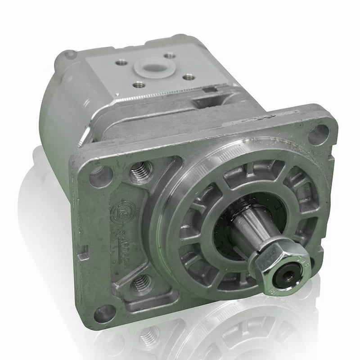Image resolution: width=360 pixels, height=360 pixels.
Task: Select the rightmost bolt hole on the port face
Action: (x=185, y=76)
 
